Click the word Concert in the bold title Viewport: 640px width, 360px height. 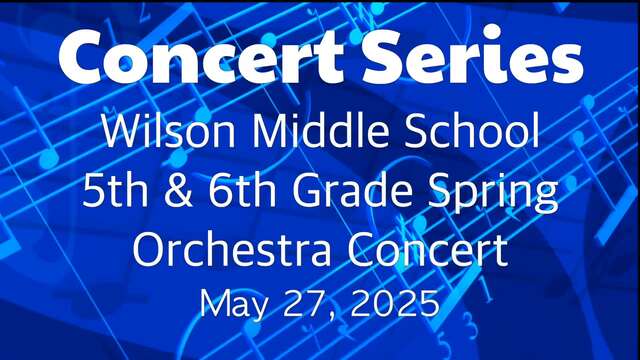point(201,56)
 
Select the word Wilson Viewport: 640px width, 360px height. point(168,130)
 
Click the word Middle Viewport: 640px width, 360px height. point(317,130)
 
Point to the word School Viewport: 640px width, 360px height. point(471,130)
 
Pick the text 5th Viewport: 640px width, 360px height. point(115,190)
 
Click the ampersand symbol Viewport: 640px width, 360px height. point(178,191)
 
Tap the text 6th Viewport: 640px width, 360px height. point(242,190)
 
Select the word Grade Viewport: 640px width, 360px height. point(352,190)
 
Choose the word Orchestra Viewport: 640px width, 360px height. point(232,249)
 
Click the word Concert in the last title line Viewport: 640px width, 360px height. point(428,249)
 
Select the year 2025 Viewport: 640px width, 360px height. point(395,302)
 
